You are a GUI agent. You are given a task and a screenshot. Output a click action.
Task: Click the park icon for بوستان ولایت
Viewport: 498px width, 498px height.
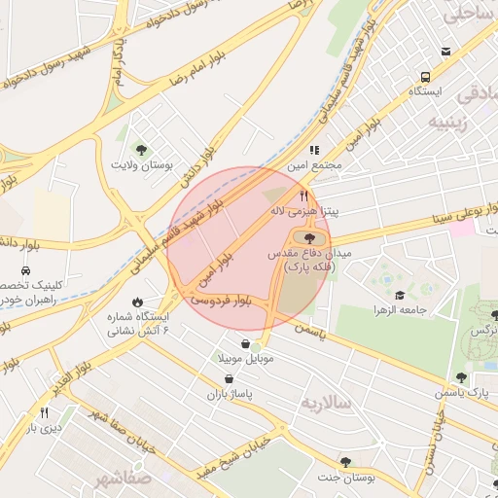tap(142, 150)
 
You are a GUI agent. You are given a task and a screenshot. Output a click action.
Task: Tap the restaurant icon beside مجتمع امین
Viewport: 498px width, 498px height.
tap(313, 150)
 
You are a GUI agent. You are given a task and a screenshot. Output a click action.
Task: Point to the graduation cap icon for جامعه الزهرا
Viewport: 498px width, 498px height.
tap(399, 295)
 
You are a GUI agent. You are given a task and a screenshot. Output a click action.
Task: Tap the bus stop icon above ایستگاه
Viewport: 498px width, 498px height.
tap(425, 77)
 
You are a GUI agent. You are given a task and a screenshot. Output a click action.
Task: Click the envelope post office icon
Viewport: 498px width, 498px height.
tap(445, 51)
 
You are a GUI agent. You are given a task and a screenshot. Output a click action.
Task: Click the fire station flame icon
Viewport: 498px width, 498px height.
tap(138, 301)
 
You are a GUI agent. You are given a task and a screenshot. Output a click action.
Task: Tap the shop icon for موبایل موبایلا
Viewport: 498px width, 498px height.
tap(257, 343)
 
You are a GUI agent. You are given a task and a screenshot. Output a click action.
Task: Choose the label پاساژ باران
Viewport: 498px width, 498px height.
tap(230, 395)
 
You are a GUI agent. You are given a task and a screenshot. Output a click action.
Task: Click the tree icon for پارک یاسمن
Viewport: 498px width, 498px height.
tap(461, 377)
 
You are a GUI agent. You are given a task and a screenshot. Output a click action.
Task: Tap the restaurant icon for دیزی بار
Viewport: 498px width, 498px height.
tap(30, 413)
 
